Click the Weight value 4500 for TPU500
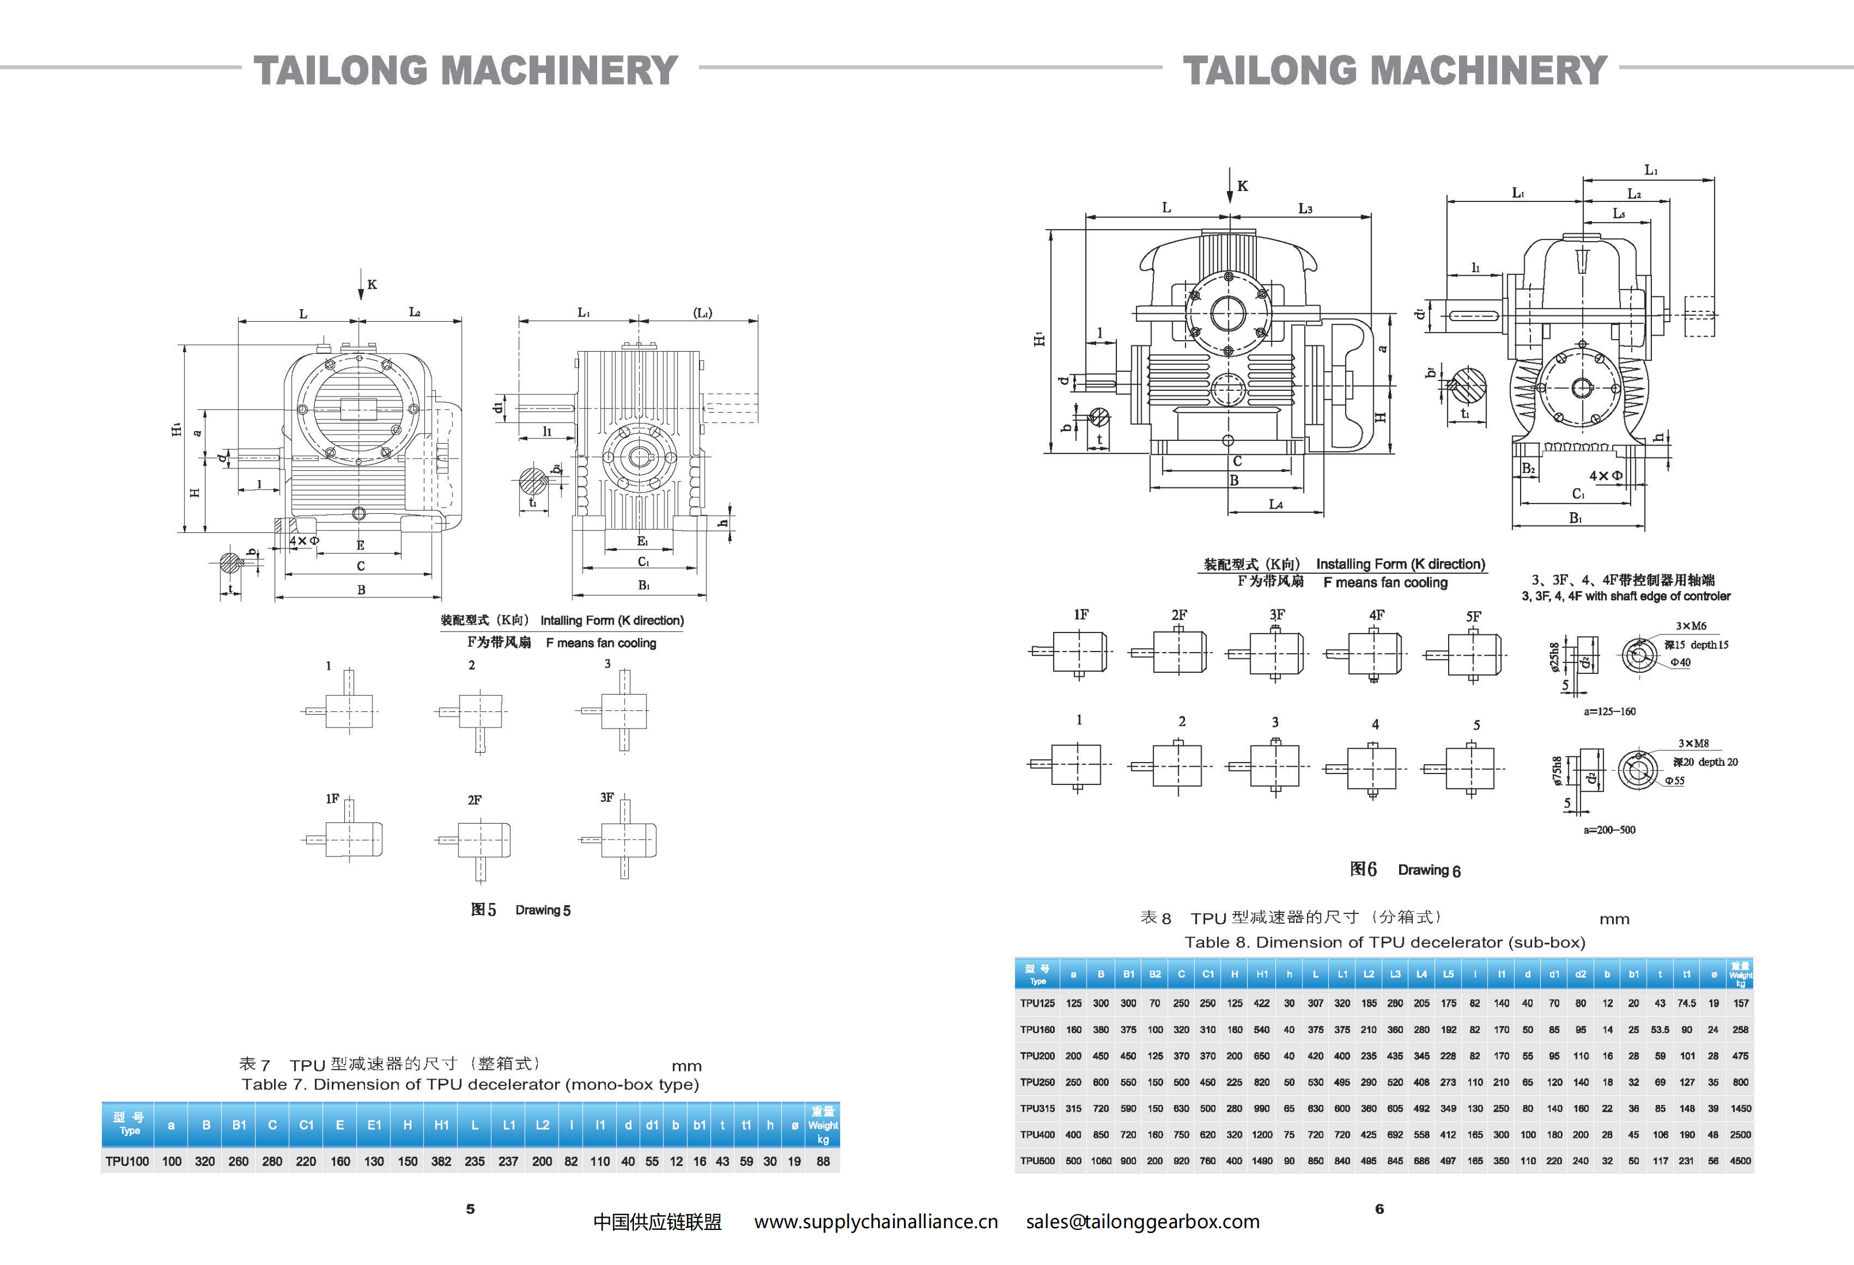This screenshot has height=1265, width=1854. (x=1740, y=1160)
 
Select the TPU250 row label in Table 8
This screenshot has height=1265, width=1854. (x=1037, y=1083)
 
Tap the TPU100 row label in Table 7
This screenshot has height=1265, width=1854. (x=127, y=1161)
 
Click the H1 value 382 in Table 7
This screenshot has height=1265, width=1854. (x=441, y=1161)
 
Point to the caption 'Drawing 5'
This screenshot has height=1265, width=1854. (x=542, y=910)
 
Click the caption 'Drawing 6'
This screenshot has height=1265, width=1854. (x=1429, y=870)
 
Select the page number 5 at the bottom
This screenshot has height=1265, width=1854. (x=470, y=1209)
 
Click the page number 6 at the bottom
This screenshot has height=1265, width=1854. (x=1380, y=1209)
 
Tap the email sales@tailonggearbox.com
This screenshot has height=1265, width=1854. (x=1142, y=1222)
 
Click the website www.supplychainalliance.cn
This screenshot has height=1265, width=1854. (x=876, y=1222)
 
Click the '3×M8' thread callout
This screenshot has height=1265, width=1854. (x=1693, y=744)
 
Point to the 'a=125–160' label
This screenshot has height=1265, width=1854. (x=1609, y=711)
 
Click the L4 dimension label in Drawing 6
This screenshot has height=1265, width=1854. (x=1275, y=504)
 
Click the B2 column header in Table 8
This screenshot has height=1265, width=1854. (x=1154, y=974)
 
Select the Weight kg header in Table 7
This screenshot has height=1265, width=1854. (x=822, y=1125)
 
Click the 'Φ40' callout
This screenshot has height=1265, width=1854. (x=1680, y=662)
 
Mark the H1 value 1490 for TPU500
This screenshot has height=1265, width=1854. (x=1262, y=1160)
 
